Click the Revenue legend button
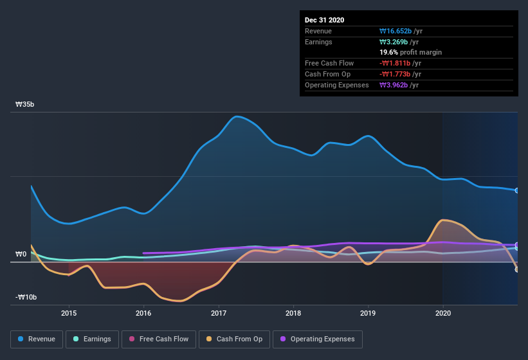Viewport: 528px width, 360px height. pos(37,339)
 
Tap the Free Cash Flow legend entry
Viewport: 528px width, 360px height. pos(159,339)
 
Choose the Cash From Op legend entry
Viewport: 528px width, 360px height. pos(235,339)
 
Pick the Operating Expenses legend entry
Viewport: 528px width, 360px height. pos(318,339)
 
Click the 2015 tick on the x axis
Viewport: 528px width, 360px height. pos(69,313)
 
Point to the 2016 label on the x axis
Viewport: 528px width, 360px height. pos(143,313)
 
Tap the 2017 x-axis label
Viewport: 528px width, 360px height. pos(219,313)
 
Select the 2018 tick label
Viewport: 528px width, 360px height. pos(293,313)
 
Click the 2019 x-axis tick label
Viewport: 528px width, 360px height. pos(368,313)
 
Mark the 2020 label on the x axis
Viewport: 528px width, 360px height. pos(443,313)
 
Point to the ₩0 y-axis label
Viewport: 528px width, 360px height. pos(21,254)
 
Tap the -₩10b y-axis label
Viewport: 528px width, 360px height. pos(26,297)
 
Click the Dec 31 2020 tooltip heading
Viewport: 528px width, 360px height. pos(324,20)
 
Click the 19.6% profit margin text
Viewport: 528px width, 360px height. pos(410,52)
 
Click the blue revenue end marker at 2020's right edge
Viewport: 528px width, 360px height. pos(516,190)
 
